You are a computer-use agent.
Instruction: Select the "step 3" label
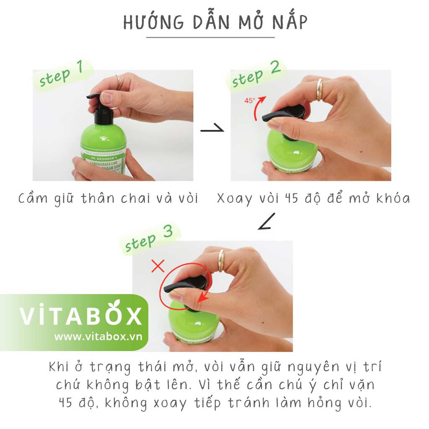click(x=149, y=239)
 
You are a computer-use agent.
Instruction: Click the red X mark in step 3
click(x=158, y=266)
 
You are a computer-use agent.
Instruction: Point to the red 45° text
click(x=250, y=101)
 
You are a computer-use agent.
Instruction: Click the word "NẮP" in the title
click(x=286, y=23)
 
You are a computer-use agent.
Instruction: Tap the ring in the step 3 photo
click(x=221, y=260)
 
